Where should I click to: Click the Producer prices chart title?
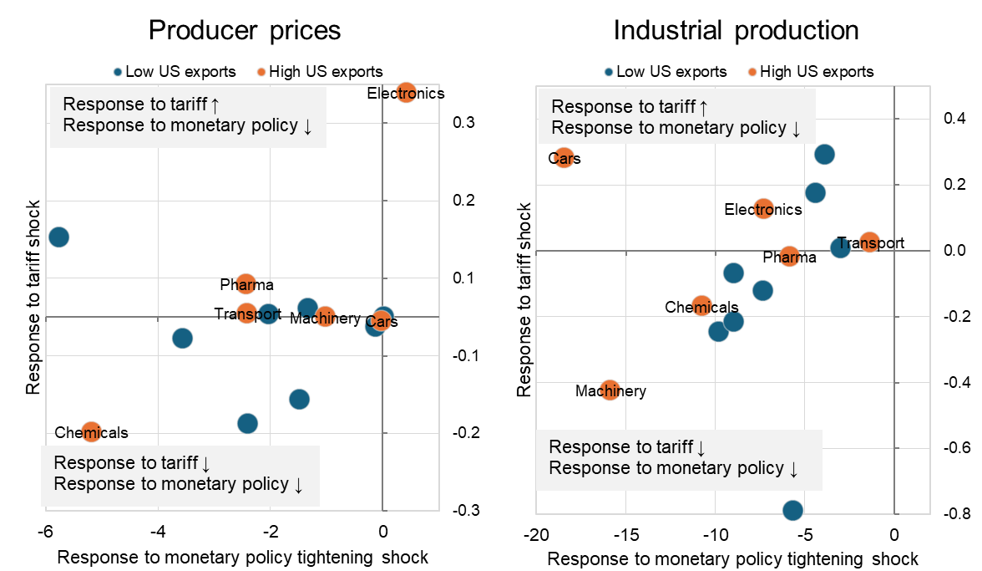click(x=245, y=30)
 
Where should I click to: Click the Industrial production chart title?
click(x=736, y=30)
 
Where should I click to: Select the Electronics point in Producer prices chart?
click(x=406, y=93)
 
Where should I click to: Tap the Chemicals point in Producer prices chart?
click(x=91, y=431)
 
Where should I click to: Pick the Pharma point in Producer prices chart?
click(x=245, y=284)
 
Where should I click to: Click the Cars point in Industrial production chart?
click(x=564, y=157)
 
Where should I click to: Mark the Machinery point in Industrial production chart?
click(x=610, y=390)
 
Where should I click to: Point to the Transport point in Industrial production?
click(x=869, y=242)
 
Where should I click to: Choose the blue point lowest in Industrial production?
click(x=792, y=510)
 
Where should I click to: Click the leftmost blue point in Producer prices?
click(x=58, y=237)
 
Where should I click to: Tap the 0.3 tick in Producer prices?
click(x=463, y=123)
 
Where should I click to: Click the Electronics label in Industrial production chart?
click(x=762, y=210)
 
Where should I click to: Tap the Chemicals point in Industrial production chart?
click(x=701, y=306)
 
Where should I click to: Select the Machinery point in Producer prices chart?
click(x=326, y=317)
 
